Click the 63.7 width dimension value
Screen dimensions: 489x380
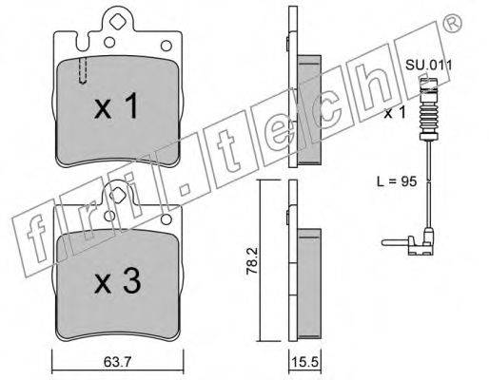click(x=117, y=362)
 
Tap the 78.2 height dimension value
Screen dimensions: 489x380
click(x=253, y=261)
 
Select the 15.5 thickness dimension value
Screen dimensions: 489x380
click(x=304, y=362)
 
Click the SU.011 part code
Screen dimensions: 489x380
click(x=429, y=66)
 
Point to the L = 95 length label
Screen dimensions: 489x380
click(x=397, y=181)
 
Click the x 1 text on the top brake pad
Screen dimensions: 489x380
click(x=116, y=105)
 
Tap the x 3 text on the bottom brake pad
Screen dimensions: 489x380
click(x=117, y=279)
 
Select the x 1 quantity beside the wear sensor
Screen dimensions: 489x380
click(x=395, y=113)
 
